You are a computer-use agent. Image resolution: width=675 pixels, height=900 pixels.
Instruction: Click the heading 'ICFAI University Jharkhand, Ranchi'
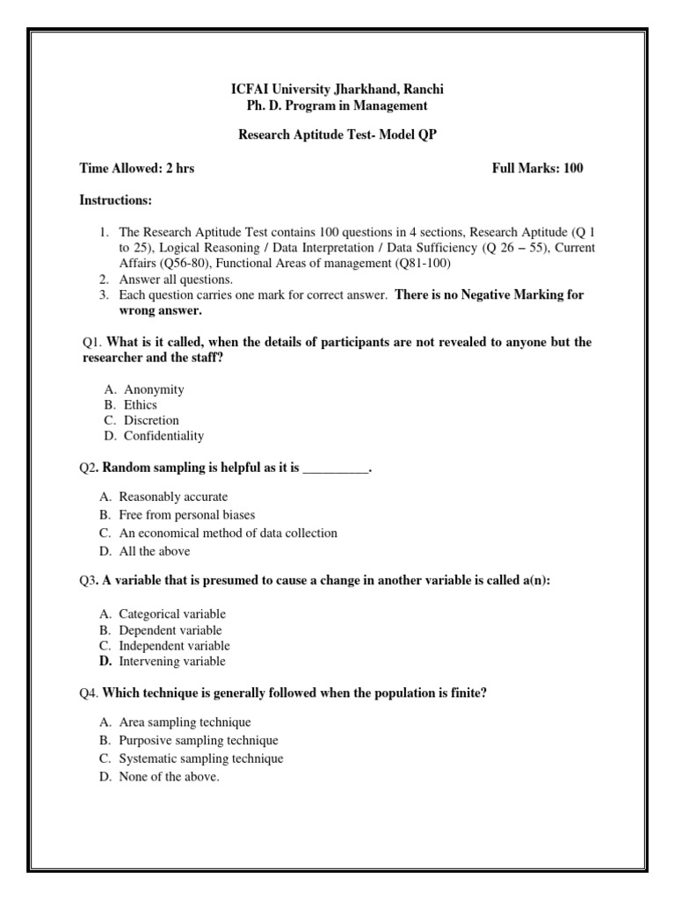click(337, 90)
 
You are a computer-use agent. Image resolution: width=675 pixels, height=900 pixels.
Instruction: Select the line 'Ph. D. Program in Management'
click(337, 106)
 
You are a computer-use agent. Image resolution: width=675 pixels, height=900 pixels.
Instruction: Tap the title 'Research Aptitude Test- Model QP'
click(337, 136)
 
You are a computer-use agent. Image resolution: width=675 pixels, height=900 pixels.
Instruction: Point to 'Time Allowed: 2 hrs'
click(137, 169)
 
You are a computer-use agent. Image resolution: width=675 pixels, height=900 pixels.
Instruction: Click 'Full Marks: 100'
click(537, 169)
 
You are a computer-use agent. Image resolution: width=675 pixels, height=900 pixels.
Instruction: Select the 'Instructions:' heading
click(116, 201)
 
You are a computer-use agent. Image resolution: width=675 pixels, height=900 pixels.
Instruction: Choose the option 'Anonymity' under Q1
click(154, 389)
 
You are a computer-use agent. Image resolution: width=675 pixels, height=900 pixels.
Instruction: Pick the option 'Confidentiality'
click(163, 436)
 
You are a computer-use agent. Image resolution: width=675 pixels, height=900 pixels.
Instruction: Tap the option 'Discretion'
click(151, 420)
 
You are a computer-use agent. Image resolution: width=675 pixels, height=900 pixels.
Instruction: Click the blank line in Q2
click(335, 469)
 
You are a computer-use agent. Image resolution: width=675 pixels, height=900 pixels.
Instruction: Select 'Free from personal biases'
click(187, 515)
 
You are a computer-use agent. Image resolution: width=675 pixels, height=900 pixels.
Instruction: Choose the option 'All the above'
click(155, 552)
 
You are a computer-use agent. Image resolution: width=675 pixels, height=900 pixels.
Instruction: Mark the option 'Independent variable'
click(175, 646)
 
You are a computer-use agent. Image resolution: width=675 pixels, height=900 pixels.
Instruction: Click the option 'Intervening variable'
click(172, 662)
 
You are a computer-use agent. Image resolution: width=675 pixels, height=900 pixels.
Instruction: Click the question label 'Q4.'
click(88, 693)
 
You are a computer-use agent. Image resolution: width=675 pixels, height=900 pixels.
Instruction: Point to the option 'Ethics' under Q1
click(141, 405)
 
